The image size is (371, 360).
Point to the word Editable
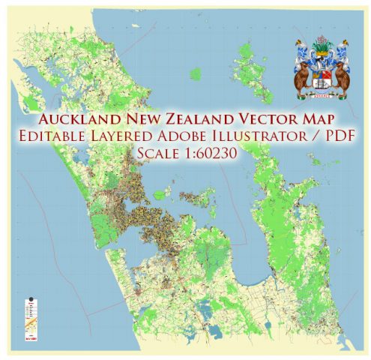pos(80,139)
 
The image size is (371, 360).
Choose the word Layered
pos(148,139)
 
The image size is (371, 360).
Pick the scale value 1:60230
pos(211,155)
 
